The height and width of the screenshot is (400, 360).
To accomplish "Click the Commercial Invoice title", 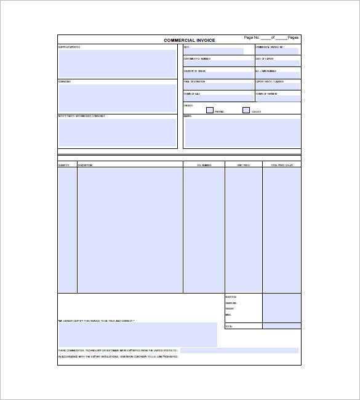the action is pyautogui.click(x=189, y=41).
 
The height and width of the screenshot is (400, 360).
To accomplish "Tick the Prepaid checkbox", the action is pyautogui.click(x=209, y=110).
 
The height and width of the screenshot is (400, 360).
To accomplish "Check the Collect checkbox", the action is pyautogui.click(x=246, y=110).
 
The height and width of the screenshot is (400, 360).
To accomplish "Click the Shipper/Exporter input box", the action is pyautogui.click(x=118, y=63).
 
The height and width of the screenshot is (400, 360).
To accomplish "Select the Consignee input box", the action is pyautogui.click(x=118, y=98).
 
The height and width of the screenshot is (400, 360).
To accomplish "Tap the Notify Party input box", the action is pyautogui.click(x=118, y=132).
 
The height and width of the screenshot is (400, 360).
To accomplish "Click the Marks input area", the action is pyautogui.click(x=242, y=133).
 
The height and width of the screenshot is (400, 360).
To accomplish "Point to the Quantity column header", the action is pyautogui.click(x=64, y=165).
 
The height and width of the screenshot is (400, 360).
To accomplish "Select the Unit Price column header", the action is pyautogui.click(x=243, y=165).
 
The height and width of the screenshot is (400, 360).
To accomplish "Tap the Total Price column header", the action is pyautogui.click(x=281, y=165).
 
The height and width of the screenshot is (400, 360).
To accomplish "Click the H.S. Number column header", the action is pyautogui.click(x=204, y=165).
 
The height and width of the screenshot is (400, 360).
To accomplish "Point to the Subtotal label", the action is pyautogui.click(x=231, y=297).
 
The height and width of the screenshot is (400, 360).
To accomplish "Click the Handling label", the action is pyautogui.click(x=231, y=303).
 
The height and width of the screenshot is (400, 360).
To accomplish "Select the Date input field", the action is pyautogui.click(x=213, y=52).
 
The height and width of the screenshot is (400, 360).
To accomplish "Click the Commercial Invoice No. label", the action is pyautogui.click(x=270, y=47).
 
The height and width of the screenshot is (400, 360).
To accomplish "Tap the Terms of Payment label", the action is pyautogui.click(x=266, y=94).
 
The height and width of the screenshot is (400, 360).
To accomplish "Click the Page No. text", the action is pyautogui.click(x=252, y=38).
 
